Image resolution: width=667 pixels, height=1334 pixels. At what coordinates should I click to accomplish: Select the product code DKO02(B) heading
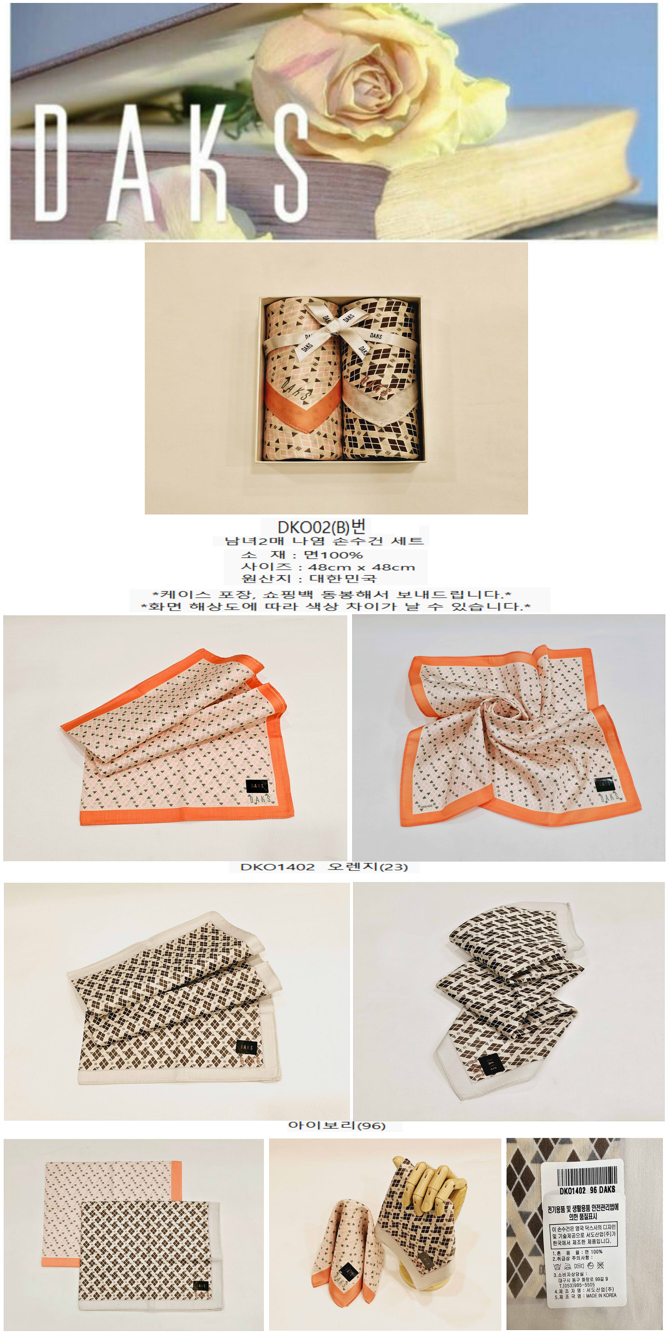pyautogui.click(x=321, y=527)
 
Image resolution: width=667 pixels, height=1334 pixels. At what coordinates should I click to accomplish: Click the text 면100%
pyautogui.click(x=333, y=555)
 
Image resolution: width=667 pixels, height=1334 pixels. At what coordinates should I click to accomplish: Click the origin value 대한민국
pyautogui.click(x=343, y=578)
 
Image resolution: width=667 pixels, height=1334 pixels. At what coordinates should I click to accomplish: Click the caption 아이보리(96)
pyautogui.click(x=337, y=1125)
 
